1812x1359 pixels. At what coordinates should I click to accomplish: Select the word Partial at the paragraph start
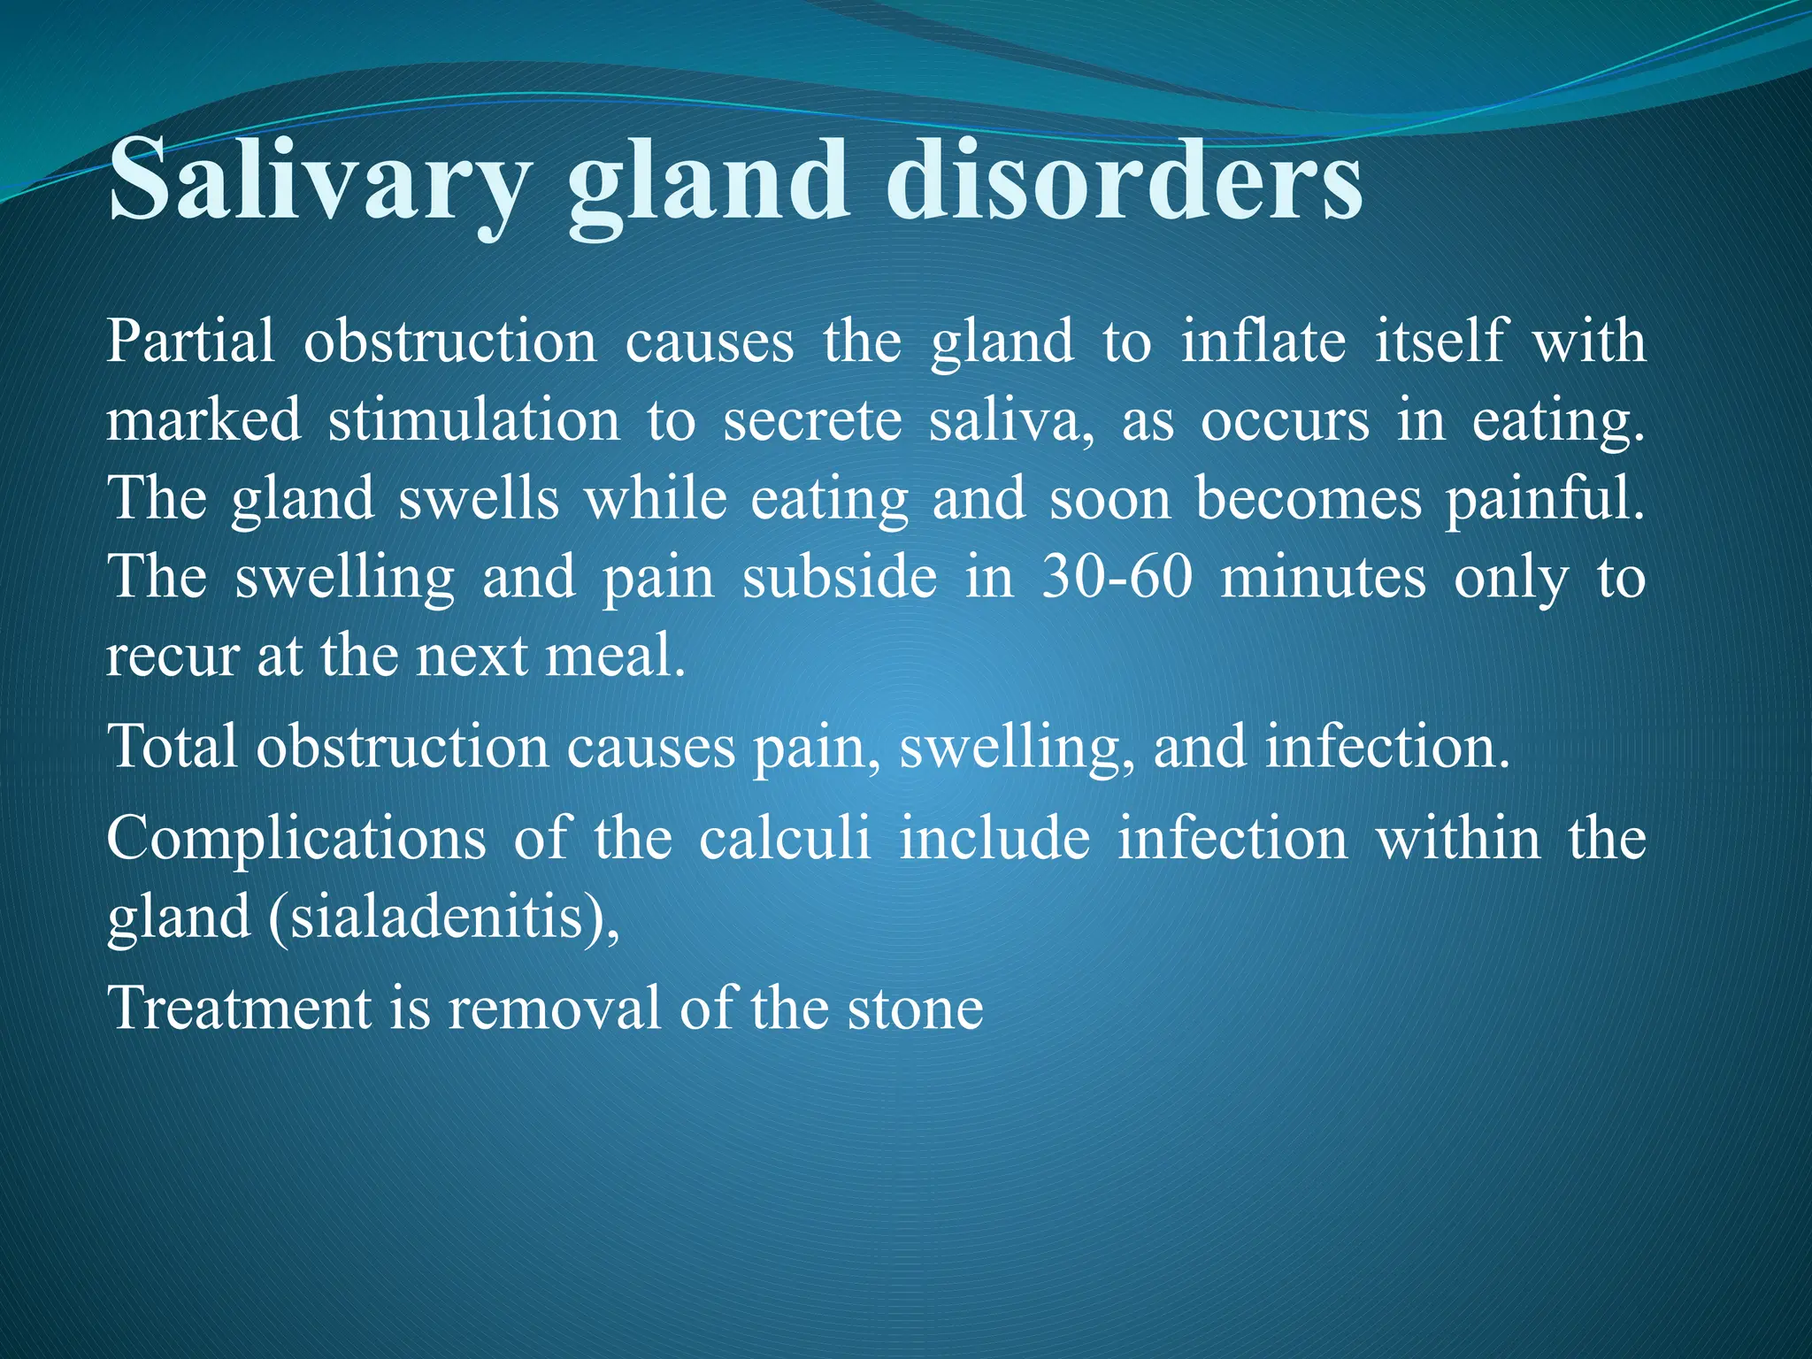point(190,342)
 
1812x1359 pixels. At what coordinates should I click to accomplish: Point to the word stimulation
point(474,420)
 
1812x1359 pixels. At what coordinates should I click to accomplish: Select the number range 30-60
point(1117,578)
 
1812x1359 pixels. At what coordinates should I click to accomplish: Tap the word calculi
point(785,838)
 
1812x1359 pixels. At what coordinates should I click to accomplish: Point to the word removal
point(554,1009)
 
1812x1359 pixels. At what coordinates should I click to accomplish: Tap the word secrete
point(812,420)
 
